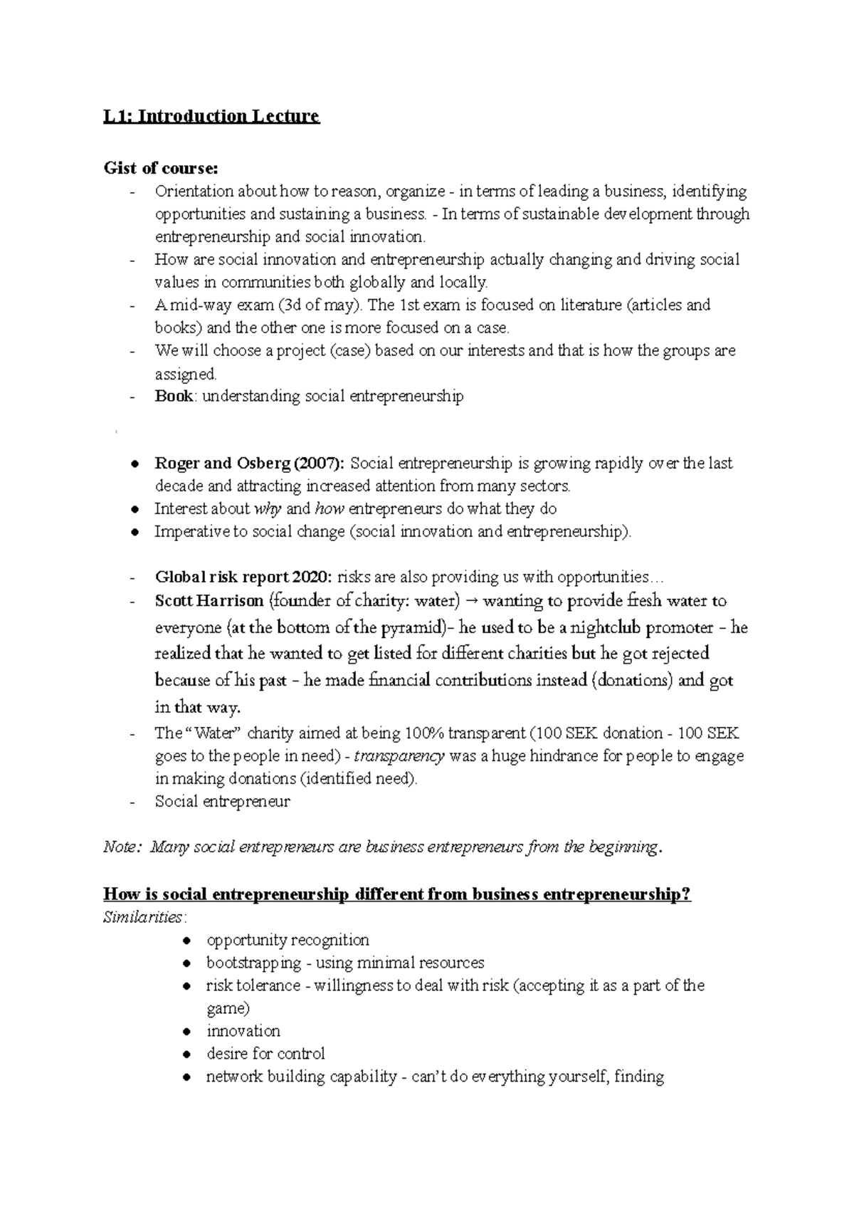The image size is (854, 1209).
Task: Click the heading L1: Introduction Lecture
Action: point(211,116)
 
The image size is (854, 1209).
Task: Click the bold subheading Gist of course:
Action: point(162,169)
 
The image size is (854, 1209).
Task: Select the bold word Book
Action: point(174,397)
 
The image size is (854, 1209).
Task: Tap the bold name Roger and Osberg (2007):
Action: point(250,464)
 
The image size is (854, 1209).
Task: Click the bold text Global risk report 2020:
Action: point(244,577)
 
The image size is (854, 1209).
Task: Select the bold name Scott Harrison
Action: point(209,601)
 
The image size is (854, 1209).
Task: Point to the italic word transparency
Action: point(399,756)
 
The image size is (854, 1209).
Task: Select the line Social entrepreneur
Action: point(222,802)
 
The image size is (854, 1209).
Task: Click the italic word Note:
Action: point(123,847)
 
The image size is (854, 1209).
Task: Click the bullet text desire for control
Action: point(265,1054)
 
